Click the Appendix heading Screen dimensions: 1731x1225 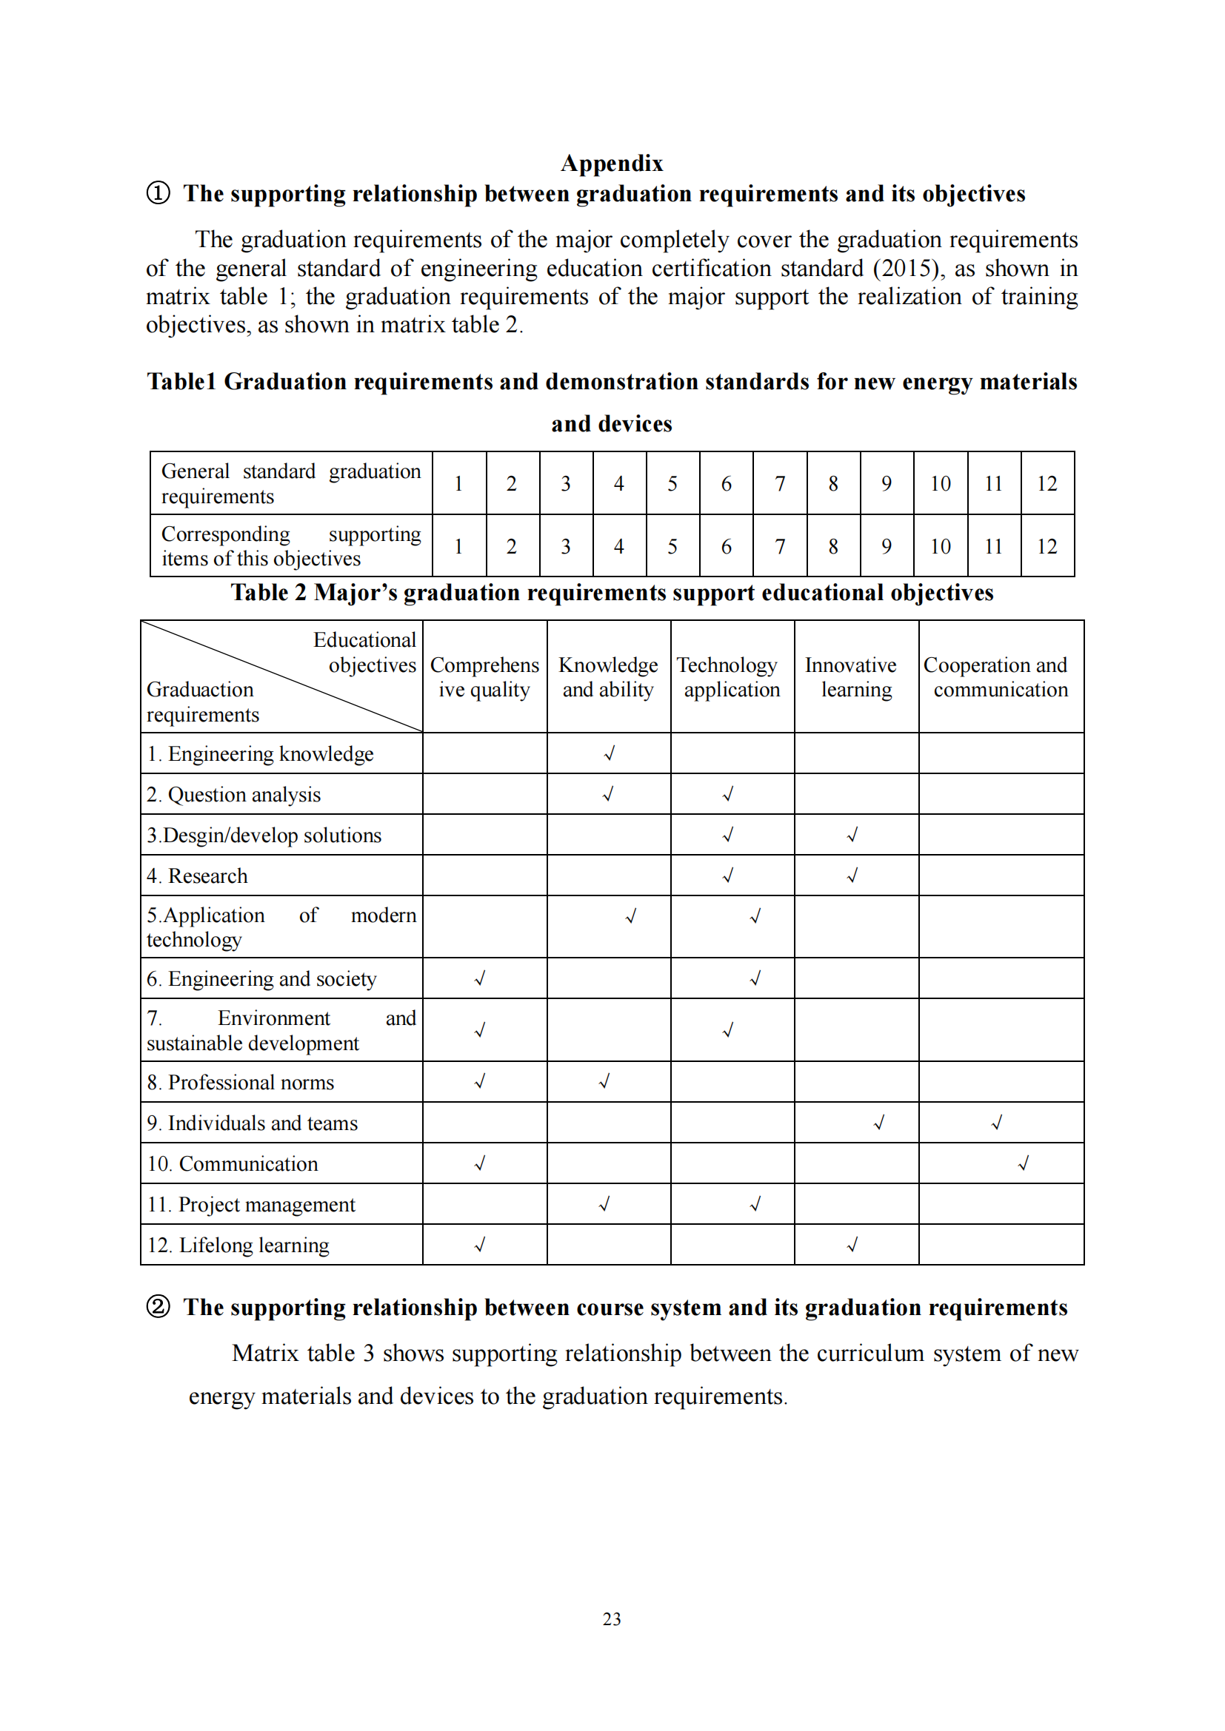(x=612, y=164)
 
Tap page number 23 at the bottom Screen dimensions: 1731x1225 (x=612, y=1619)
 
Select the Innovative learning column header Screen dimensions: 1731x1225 (x=855, y=677)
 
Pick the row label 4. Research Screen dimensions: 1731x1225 (x=197, y=875)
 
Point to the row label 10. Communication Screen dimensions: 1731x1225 (x=233, y=1163)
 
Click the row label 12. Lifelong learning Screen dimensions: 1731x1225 (x=238, y=1245)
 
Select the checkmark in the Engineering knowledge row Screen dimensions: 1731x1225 (x=610, y=753)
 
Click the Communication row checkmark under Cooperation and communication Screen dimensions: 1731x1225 (x=1023, y=1163)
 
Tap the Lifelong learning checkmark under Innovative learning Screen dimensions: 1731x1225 (x=852, y=1245)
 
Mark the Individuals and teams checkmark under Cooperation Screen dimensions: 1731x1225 (x=996, y=1123)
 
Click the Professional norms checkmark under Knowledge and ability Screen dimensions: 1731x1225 (x=604, y=1082)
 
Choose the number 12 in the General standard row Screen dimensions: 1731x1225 (x=1047, y=484)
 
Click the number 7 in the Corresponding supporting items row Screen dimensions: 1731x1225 (x=780, y=547)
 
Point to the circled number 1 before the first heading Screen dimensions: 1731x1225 (x=158, y=194)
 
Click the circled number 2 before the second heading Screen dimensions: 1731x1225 (x=158, y=1306)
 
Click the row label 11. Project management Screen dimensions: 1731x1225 (x=251, y=1204)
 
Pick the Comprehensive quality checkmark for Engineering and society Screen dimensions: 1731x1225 (x=480, y=978)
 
